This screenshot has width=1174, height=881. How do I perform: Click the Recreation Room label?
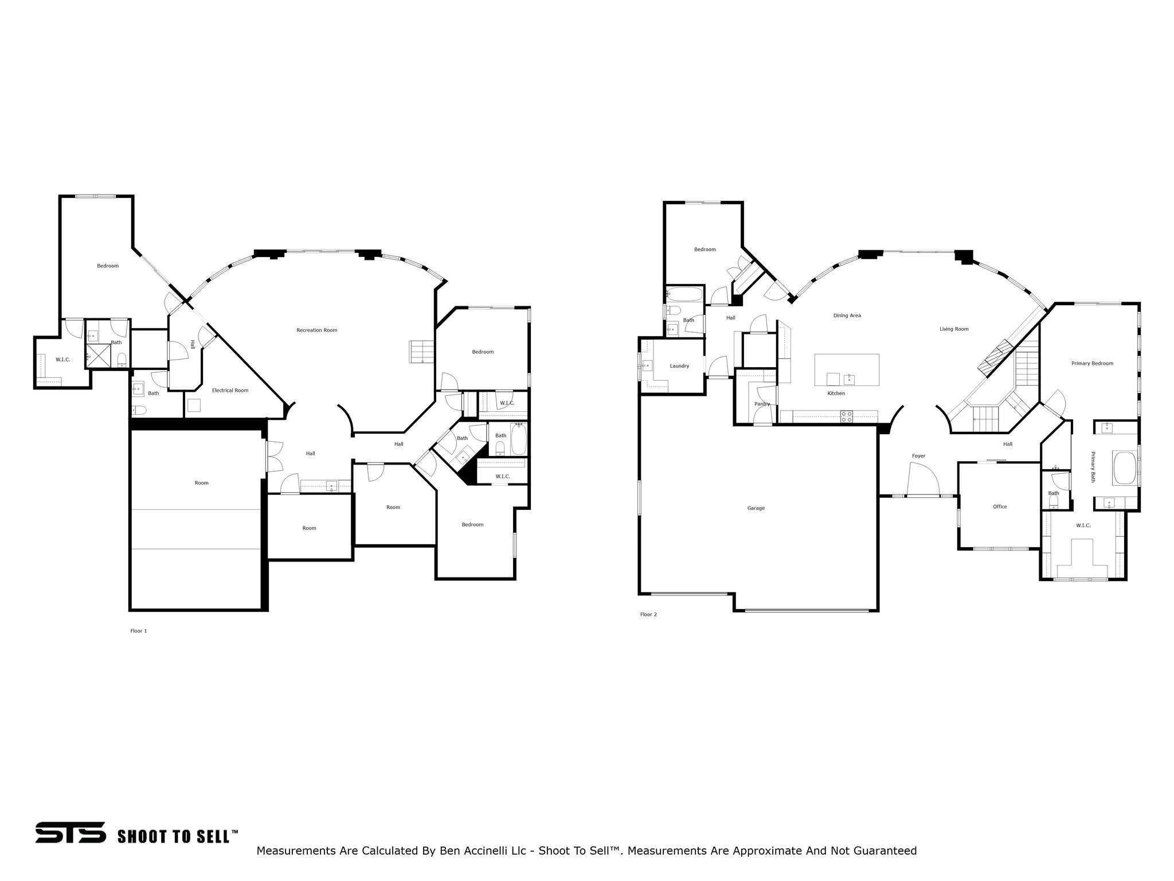[316, 330]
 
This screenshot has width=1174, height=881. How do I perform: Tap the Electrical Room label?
[230, 391]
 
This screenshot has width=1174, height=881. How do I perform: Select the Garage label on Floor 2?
[756, 508]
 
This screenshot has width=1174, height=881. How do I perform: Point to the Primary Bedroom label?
[1092, 363]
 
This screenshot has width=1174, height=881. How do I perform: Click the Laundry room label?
[679, 366]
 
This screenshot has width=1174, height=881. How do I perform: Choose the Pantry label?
[762, 404]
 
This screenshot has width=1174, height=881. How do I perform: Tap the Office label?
[1000, 506]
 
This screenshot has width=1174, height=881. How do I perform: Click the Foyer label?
[918, 456]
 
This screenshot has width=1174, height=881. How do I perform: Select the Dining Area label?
[847, 315]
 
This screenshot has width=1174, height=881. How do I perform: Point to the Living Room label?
[954, 329]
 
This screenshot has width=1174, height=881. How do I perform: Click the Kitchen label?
[836, 393]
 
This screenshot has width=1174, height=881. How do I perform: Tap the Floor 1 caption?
[139, 631]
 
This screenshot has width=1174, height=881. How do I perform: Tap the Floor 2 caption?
[648, 614]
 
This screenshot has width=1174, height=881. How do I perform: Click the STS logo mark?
[71, 832]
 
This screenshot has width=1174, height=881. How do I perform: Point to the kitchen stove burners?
[846, 416]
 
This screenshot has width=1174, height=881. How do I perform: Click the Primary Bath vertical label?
[1093, 467]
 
